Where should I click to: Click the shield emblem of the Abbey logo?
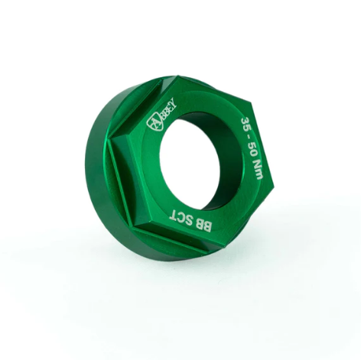[154, 123]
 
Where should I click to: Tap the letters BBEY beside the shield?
[168, 108]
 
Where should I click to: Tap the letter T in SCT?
[174, 214]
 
